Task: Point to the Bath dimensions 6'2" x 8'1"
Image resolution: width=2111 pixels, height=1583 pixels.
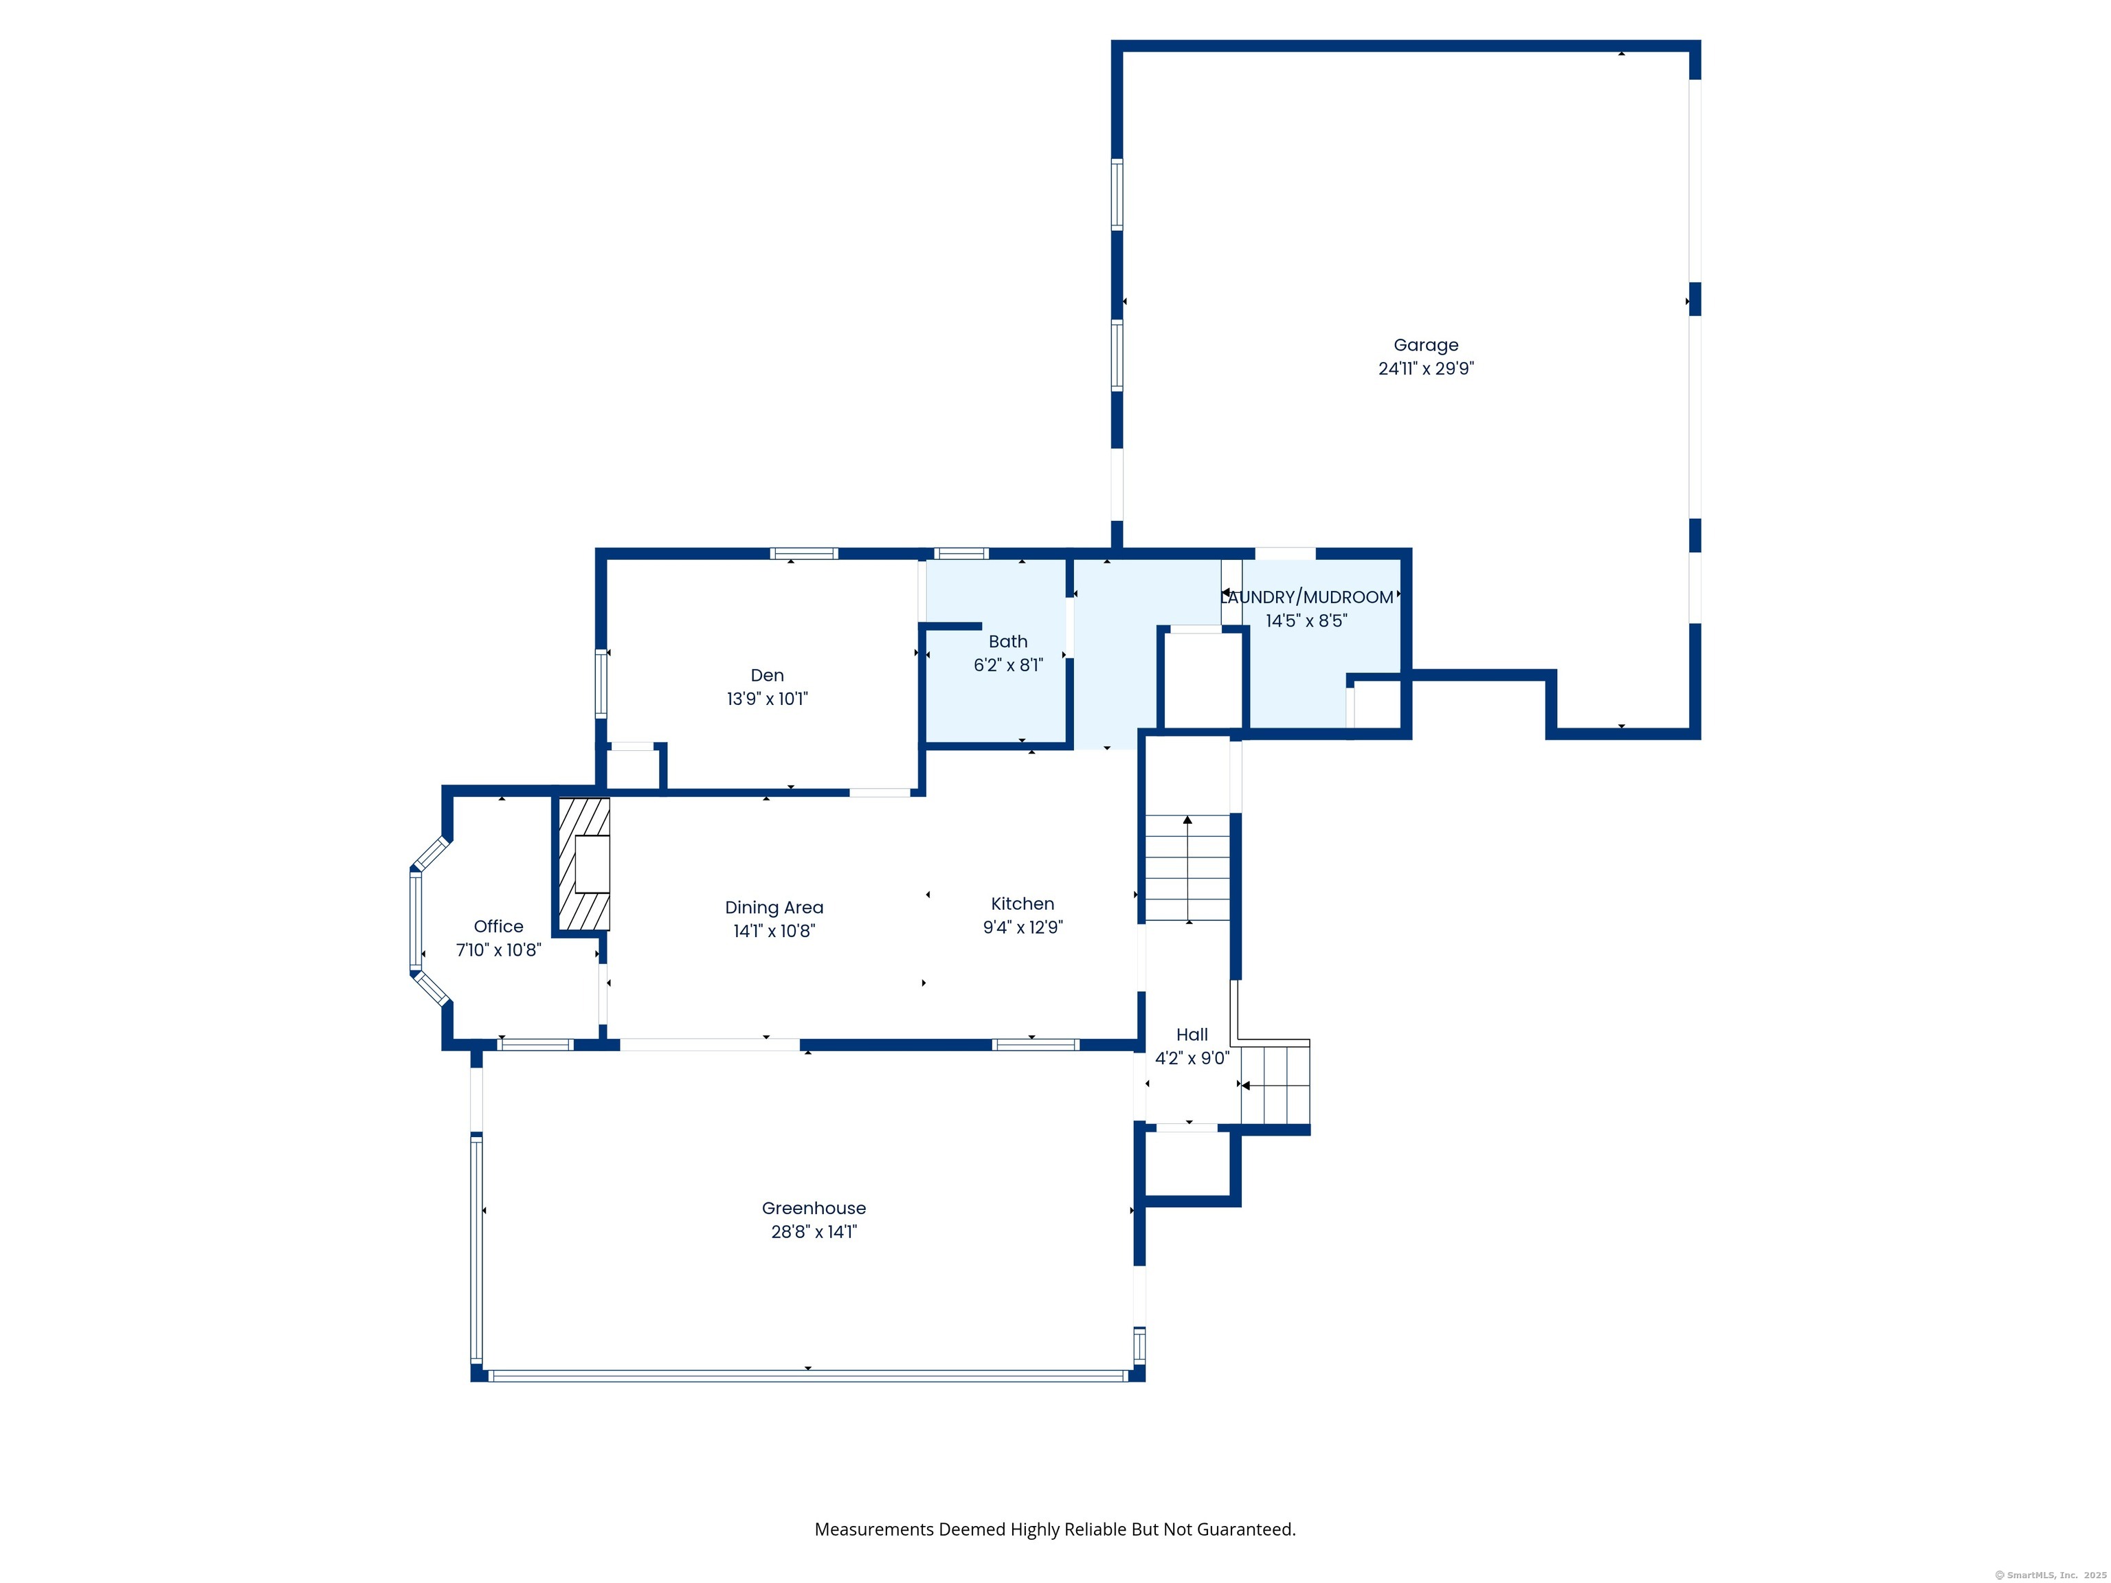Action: point(1008,665)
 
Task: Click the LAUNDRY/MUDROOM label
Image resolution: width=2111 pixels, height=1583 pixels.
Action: point(1306,597)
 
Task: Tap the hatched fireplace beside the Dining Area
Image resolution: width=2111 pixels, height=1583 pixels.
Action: point(583,864)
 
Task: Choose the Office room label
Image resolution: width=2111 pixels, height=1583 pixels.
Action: point(498,925)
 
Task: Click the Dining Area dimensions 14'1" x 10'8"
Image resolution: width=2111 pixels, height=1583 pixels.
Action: point(773,931)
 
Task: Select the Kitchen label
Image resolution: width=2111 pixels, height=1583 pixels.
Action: point(1022,903)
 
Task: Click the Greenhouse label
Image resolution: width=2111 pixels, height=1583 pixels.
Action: point(813,1208)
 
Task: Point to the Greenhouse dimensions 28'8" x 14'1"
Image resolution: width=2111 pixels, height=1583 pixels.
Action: point(813,1232)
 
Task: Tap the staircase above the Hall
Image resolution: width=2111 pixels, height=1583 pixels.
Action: point(1187,867)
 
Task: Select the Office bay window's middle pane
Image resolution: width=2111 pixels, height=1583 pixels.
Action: point(415,922)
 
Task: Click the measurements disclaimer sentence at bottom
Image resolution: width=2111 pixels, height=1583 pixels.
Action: point(1055,1529)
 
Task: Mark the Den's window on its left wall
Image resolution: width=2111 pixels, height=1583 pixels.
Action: point(601,683)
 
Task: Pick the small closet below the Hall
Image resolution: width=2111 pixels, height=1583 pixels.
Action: point(1187,1163)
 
